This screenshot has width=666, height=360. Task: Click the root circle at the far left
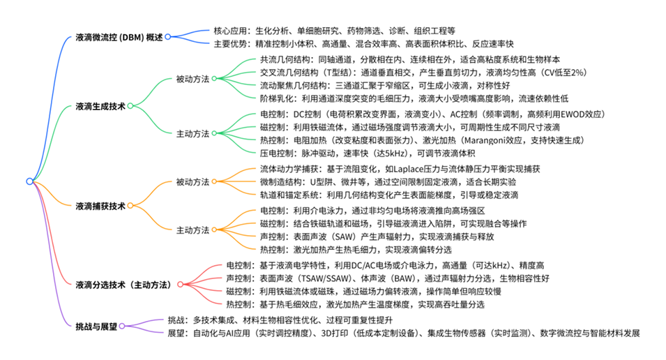pyautogui.click(x=29, y=181)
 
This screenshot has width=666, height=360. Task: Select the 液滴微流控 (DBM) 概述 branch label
pyautogui.click(x=119, y=37)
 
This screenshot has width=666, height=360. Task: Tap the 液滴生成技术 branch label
pyautogui.click(x=100, y=107)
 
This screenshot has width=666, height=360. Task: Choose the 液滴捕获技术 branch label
pyautogui.click(x=100, y=206)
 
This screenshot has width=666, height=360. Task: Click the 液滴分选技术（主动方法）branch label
pyautogui.click(x=124, y=284)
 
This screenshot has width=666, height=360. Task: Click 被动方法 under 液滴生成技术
pyautogui.click(x=192, y=80)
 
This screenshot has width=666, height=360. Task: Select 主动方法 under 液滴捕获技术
pyautogui.click(x=192, y=230)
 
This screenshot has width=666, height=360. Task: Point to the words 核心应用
pyautogui.click(x=230, y=31)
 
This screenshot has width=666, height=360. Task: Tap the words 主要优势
pyautogui.click(x=230, y=43)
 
